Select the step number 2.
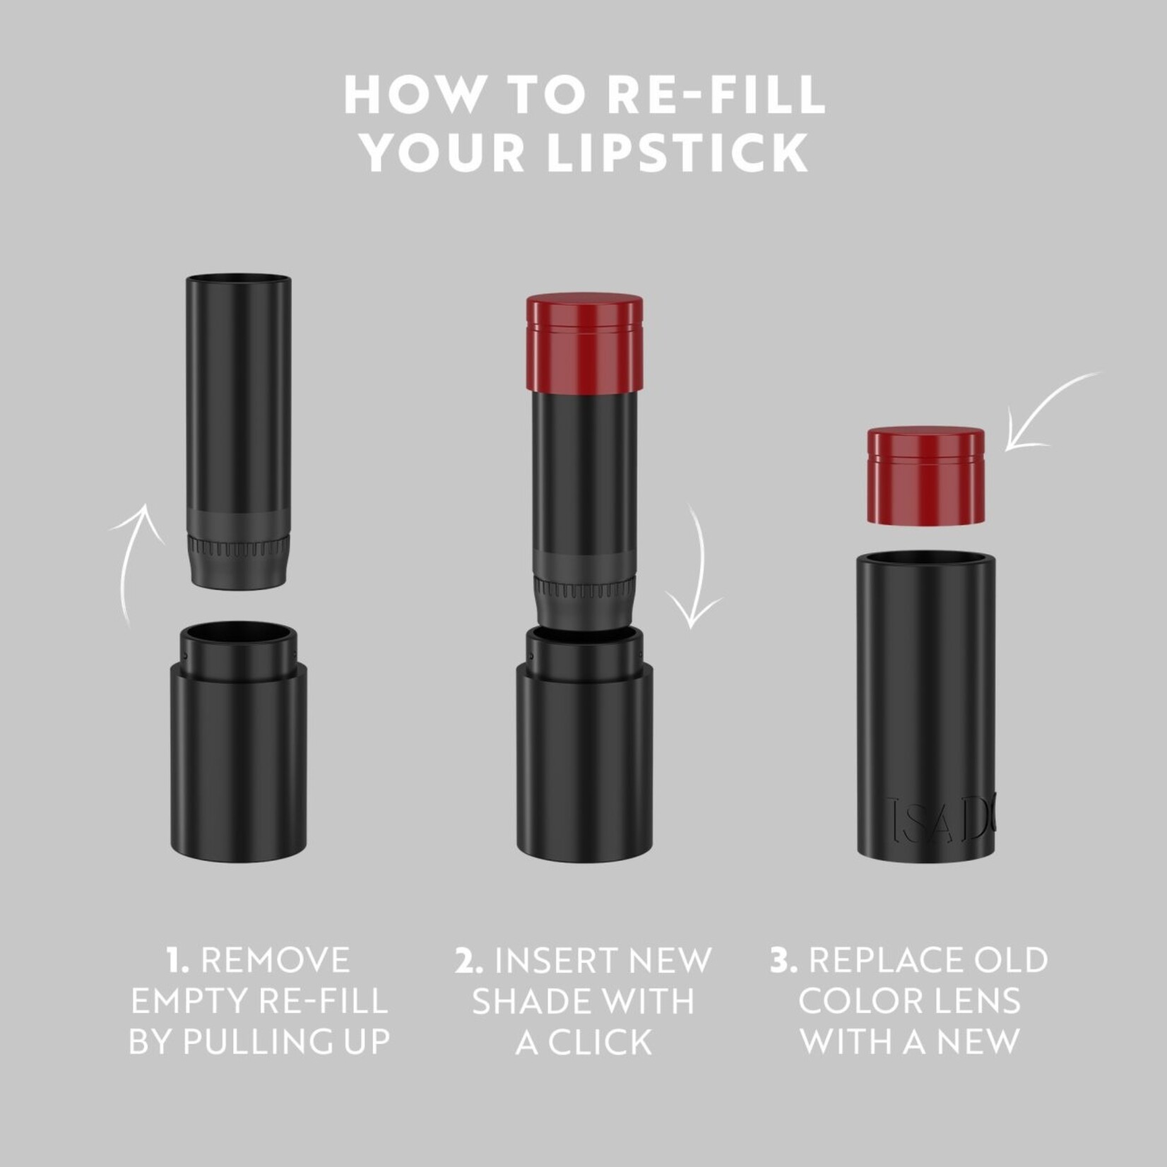[469, 961]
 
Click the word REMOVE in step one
[276, 961]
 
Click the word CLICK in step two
[600, 1042]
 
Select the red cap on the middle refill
[584, 343]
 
